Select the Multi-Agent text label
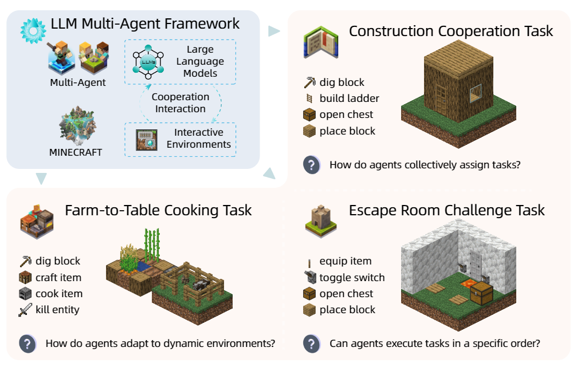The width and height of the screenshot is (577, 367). click(78, 82)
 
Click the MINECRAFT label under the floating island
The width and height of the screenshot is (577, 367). click(76, 152)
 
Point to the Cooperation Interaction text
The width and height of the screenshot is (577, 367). click(180, 103)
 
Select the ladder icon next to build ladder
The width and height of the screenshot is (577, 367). click(310, 98)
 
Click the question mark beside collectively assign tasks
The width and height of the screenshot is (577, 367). click(311, 165)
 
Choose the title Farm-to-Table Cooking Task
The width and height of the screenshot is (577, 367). click(158, 210)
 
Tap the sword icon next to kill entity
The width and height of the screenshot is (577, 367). click(25, 310)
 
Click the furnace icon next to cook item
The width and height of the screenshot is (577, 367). click(25, 294)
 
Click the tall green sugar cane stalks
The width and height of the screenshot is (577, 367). click(152, 245)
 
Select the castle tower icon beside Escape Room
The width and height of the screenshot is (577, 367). click(320, 219)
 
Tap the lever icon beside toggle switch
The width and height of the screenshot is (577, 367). click(310, 278)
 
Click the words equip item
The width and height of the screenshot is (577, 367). click(346, 261)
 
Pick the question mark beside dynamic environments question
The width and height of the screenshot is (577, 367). click(28, 344)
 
